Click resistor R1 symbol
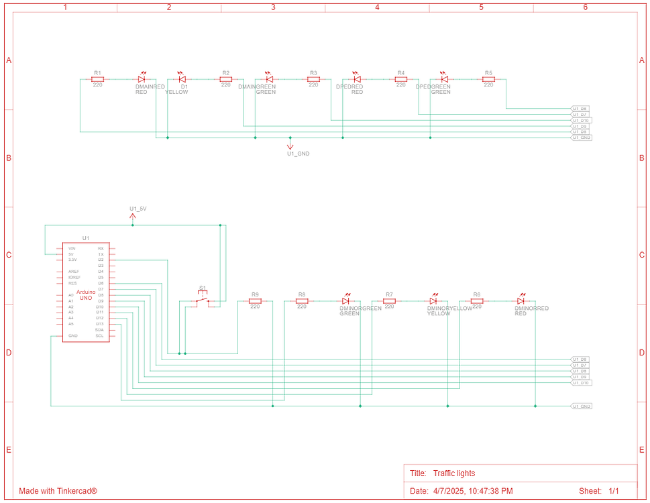click(97, 79)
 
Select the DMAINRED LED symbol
click(142, 79)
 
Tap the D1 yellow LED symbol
click(181, 79)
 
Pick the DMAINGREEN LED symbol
click(269, 79)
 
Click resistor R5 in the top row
click(488, 79)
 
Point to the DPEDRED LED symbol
click(357, 79)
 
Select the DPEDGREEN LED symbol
click(443, 79)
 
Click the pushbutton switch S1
click(203, 301)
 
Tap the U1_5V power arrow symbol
click(133, 216)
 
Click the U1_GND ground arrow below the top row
click(290, 145)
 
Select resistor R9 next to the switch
click(255, 301)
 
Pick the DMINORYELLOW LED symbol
click(433, 301)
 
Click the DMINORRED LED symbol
click(521, 301)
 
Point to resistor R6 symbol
click(476, 301)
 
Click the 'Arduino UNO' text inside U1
click(86, 294)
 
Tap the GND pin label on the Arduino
click(72, 335)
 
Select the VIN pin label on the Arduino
click(72, 249)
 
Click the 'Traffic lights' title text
click(453, 473)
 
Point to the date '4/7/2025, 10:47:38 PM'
click(473, 491)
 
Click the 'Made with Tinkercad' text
click(58, 491)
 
